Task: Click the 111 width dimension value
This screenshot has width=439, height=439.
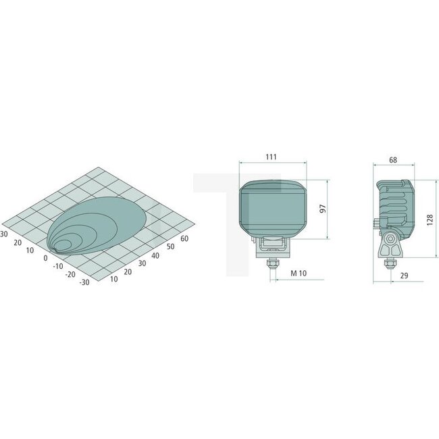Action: (x=271, y=157)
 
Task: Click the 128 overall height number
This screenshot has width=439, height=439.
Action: (x=430, y=218)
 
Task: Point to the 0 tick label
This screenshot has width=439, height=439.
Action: (x=45, y=257)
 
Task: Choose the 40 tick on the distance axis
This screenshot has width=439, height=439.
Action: (x=155, y=255)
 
